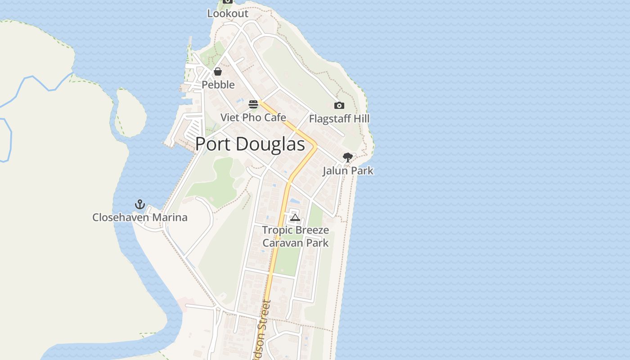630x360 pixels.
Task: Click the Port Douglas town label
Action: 250,144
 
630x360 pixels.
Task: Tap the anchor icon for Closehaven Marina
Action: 140,205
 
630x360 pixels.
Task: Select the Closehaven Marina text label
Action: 140,218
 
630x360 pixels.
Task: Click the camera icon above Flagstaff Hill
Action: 339,106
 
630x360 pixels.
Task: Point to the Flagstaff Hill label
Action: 339,119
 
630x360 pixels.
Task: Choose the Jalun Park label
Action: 348,171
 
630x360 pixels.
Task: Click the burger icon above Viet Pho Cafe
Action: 253,105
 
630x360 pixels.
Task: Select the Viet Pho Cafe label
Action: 253,118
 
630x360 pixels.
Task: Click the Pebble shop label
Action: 218,85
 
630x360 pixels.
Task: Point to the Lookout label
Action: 228,14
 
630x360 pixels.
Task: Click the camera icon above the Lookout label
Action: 228,1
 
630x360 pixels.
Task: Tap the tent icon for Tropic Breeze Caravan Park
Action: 295,218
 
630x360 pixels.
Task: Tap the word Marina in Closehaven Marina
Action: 169,218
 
